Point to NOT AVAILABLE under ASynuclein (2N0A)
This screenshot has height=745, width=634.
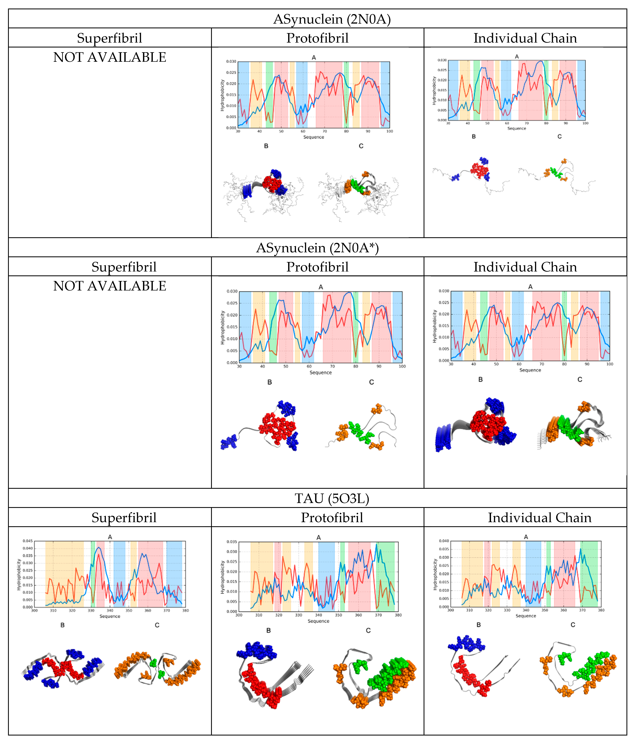click(110, 57)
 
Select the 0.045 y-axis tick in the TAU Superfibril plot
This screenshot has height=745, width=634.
click(28, 541)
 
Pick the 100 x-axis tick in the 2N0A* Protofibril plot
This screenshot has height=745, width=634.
click(402, 366)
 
